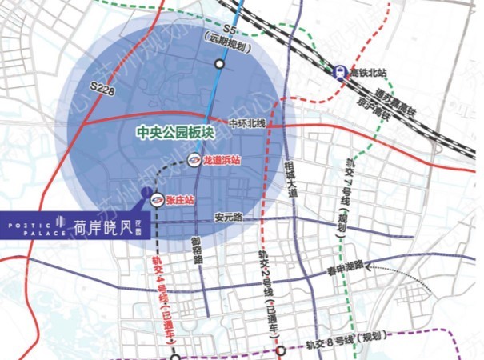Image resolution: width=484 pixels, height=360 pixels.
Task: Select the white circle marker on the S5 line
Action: tap(219, 65)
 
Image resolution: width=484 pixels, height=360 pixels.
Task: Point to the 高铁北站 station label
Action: tap(369, 72)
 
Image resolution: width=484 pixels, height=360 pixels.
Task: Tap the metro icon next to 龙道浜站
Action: tap(193, 161)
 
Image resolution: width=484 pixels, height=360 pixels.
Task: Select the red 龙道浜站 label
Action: tap(222, 161)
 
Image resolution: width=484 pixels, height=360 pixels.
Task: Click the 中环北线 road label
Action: tap(245, 124)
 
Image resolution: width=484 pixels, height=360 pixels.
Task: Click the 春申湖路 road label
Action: tap(344, 266)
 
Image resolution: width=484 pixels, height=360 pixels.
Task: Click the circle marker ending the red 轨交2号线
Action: tap(281, 350)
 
